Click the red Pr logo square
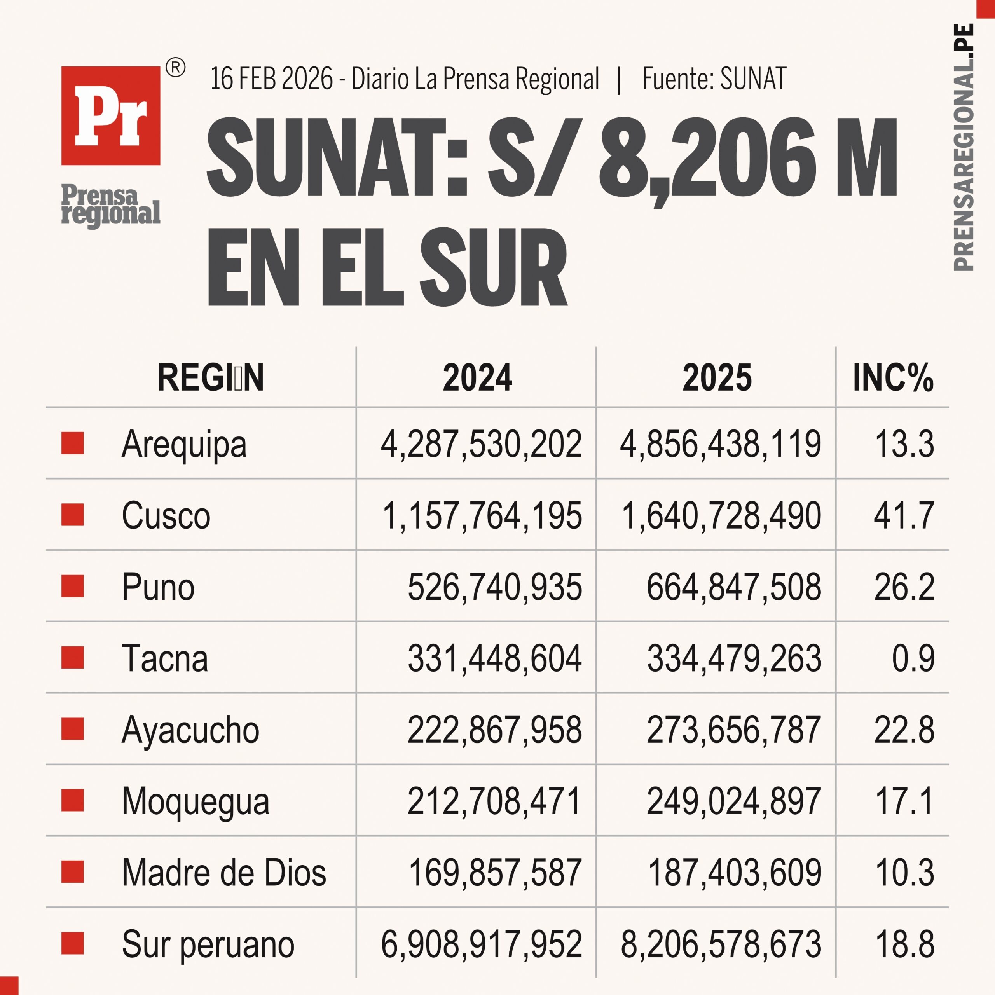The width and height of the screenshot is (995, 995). pyautogui.click(x=111, y=115)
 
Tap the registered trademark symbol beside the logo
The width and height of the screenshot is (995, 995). pyautogui.click(x=176, y=68)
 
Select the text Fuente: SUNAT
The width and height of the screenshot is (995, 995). pyautogui.click(x=714, y=79)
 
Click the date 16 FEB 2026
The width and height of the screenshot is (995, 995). pyautogui.click(x=271, y=79)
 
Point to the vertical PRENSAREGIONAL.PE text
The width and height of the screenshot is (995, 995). pyautogui.click(x=963, y=147)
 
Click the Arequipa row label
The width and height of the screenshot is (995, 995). pyautogui.click(x=184, y=444)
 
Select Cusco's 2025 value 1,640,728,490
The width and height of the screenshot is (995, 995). pyautogui.click(x=721, y=515)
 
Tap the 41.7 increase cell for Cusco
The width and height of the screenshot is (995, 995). pyautogui.click(x=904, y=515)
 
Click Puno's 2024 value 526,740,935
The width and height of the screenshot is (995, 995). pyautogui.click(x=494, y=587)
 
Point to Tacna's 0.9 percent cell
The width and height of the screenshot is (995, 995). pyautogui.click(x=913, y=659)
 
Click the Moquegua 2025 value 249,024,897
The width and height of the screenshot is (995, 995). pyautogui.click(x=733, y=801)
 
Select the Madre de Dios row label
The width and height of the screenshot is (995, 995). pyautogui.click(x=224, y=873)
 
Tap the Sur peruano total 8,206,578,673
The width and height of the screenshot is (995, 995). pyautogui.click(x=721, y=944)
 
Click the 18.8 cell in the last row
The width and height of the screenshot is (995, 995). pyautogui.click(x=904, y=944)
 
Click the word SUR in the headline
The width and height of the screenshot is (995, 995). pyautogui.click(x=493, y=268)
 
